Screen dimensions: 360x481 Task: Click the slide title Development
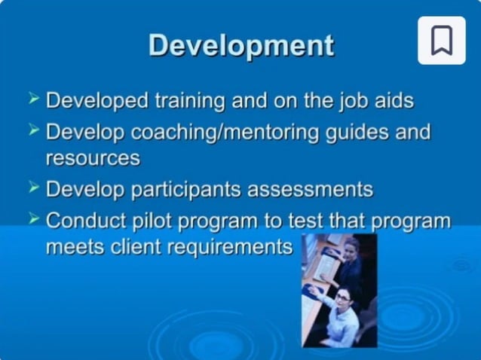[x=240, y=46]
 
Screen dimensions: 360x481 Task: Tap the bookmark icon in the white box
[x=442, y=40]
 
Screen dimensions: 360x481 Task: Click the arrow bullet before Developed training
[x=33, y=99]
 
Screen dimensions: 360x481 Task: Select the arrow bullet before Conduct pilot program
[x=33, y=218]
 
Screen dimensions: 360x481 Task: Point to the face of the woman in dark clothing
[x=351, y=247]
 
